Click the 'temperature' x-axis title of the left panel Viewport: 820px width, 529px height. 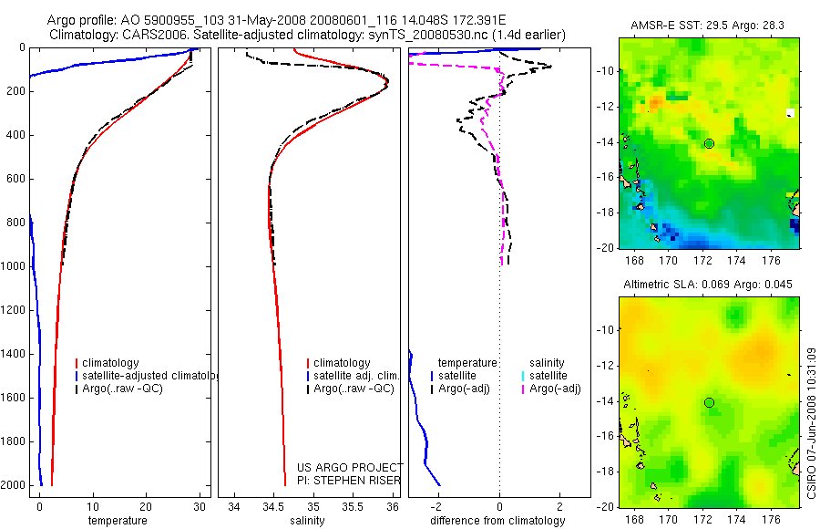click(117, 521)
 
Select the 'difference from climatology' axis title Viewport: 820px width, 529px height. click(498, 521)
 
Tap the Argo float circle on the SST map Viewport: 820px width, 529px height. click(709, 143)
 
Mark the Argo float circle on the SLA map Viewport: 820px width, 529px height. click(709, 402)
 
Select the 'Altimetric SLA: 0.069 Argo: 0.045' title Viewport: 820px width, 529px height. click(708, 285)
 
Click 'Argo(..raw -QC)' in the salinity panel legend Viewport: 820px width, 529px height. click(353, 389)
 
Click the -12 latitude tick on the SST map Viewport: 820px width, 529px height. click(605, 106)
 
